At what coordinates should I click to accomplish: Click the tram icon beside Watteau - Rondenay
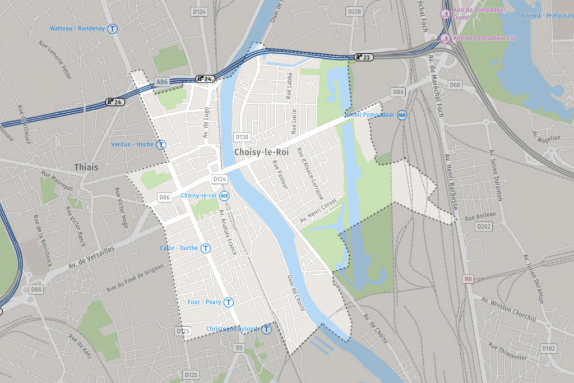(113, 29)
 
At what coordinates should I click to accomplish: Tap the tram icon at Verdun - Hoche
(161, 144)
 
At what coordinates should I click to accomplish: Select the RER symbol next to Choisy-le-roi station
(224, 196)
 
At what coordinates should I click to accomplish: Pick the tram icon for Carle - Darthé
(206, 248)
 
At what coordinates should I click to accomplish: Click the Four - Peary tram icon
(228, 302)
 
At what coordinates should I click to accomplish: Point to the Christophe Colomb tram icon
(266, 329)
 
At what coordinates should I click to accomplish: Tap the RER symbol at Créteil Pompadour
(401, 115)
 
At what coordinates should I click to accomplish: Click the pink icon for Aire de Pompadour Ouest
(445, 13)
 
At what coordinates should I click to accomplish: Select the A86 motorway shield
(161, 82)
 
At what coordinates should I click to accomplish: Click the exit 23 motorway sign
(363, 57)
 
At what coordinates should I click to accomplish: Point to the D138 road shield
(242, 137)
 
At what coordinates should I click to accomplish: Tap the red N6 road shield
(469, 279)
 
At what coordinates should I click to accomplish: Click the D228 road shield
(354, 11)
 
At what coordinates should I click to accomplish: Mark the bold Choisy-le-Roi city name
(262, 153)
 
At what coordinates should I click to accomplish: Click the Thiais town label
(86, 167)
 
